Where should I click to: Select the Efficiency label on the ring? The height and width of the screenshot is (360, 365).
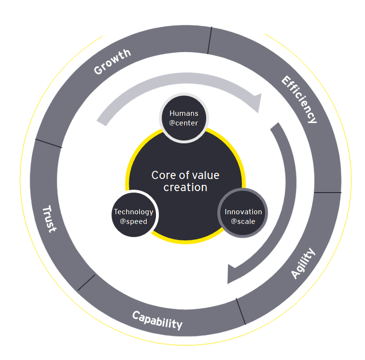(x=299, y=99)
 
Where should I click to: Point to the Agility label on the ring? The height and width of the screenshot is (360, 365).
(x=303, y=263)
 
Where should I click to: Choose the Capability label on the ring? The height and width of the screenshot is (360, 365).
(x=157, y=319)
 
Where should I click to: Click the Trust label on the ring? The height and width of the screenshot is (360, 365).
(x=49, y=219)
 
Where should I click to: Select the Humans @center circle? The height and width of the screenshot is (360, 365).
(x=184, y=118)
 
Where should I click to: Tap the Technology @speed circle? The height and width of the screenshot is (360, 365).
(x=133, y=216)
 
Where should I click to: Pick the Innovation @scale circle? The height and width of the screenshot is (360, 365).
(x=243, y=216)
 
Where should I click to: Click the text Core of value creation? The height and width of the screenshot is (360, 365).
(x=185, y=181)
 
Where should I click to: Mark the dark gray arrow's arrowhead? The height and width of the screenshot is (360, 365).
(x=234, y=273)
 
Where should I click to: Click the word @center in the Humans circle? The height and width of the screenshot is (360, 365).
(x=184, y=123)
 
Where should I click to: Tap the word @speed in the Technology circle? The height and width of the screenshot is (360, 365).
(x=133, y=221)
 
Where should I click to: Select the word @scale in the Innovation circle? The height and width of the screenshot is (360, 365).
(x=243, y=221)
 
